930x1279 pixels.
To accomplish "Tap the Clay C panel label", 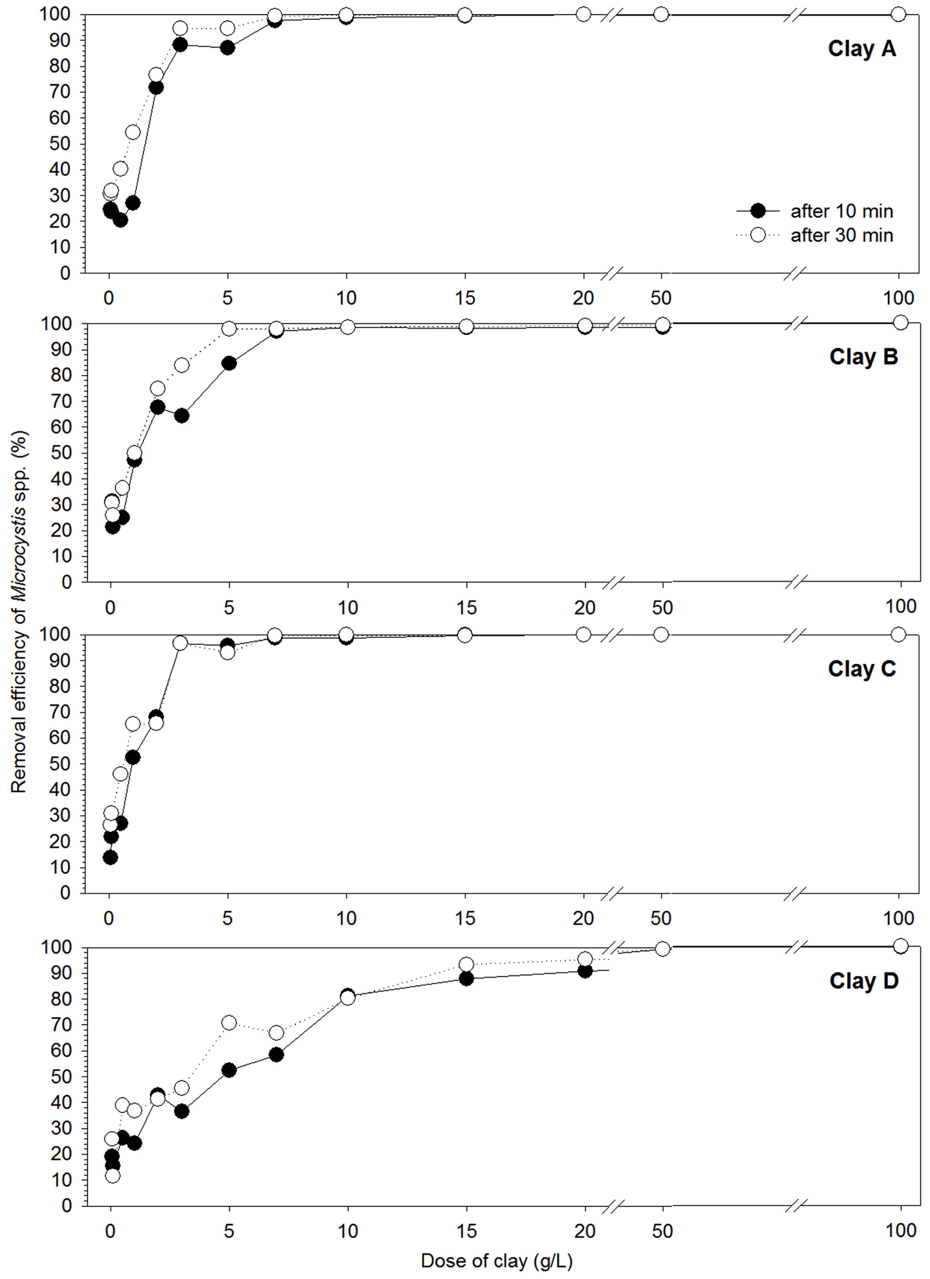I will pyautogui.click(x=861, y=669).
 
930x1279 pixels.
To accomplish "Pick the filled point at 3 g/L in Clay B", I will pyautogui.click(x=181, y=416).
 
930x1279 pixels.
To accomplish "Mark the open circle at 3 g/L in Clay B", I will pyautogui.click(x=181, y=365).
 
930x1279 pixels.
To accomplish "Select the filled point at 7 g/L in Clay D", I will pyautogui.click(x=276, y=1055).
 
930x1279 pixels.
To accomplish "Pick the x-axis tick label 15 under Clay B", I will pyautogui.click(x=466, y=608).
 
